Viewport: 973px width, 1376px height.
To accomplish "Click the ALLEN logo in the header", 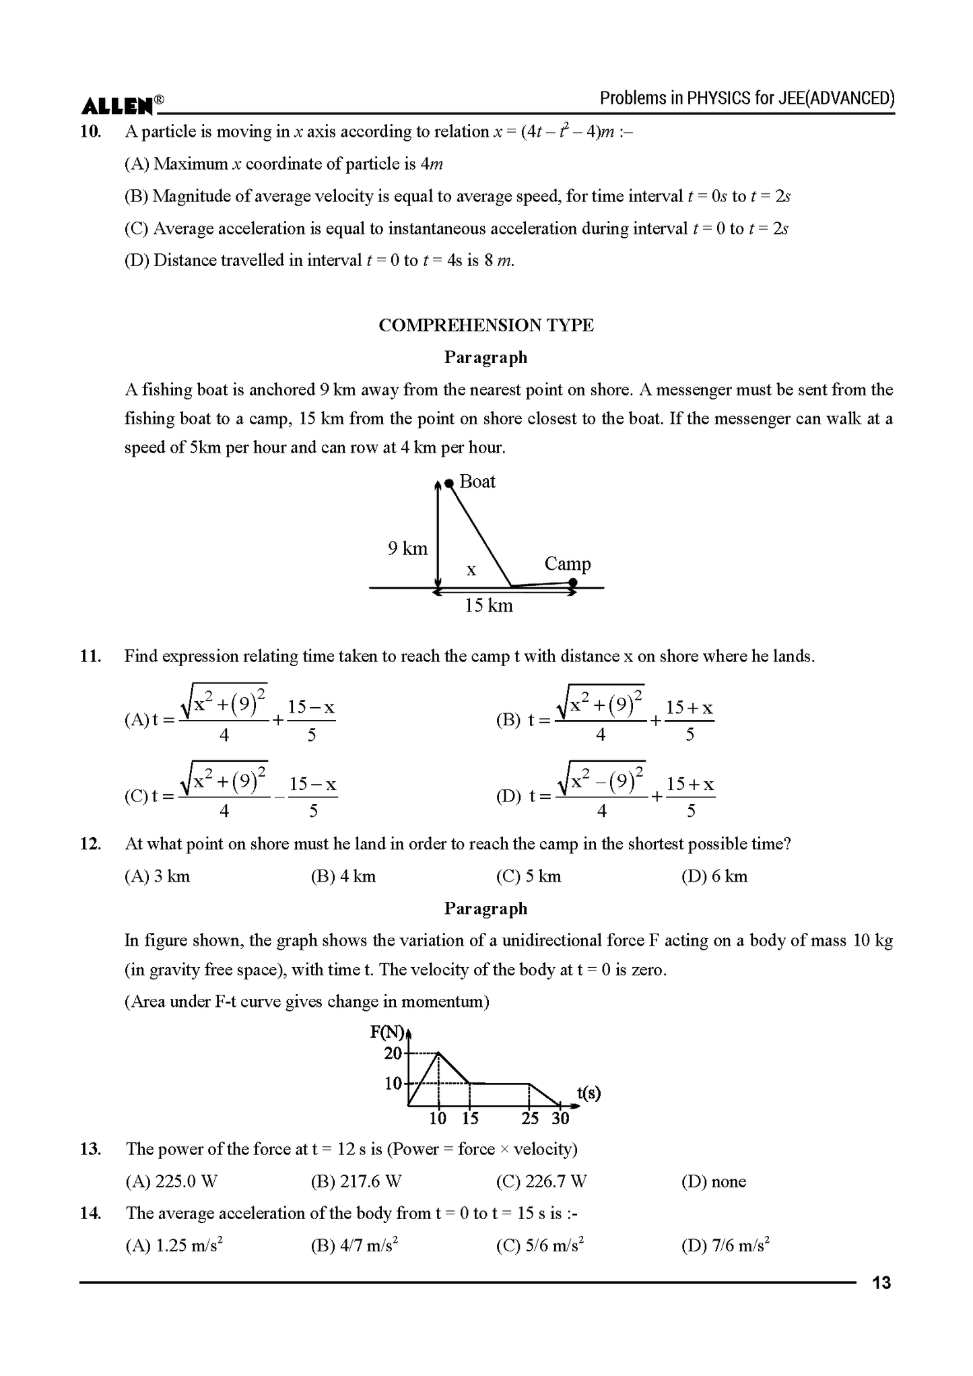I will click(x=119, y=106).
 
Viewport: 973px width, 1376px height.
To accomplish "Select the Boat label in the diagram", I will click(x=477, y=482).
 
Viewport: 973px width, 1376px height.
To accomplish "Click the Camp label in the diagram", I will click(x=567, y=564).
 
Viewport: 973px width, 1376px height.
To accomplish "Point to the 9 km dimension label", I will click(x=407, y=549).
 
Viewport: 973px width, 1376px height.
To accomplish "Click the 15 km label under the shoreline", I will click(x=488, y=606).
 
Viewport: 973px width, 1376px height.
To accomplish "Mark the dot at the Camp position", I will click(x=572, y=582).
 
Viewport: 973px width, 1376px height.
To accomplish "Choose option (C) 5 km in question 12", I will click(x=528, y=876).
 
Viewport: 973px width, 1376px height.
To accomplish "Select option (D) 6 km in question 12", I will click(x=714, y=876).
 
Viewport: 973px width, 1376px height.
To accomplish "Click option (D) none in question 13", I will click(x=713, y=1181).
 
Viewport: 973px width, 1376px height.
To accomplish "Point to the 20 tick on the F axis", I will click(x=393, y=1053).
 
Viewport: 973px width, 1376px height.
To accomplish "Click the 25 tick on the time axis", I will click(x=530, y=1119).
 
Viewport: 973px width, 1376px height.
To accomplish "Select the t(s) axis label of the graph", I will click(x=589, y=1092).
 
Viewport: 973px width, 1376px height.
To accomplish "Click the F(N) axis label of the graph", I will click(x=387, y=1032).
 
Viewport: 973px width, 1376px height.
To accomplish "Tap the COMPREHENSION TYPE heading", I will click(x=485, y=325).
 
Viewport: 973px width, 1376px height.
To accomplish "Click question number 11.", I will click(x=90, y=656).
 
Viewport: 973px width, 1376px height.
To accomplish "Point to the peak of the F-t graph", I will click(x=438, y=1053).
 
